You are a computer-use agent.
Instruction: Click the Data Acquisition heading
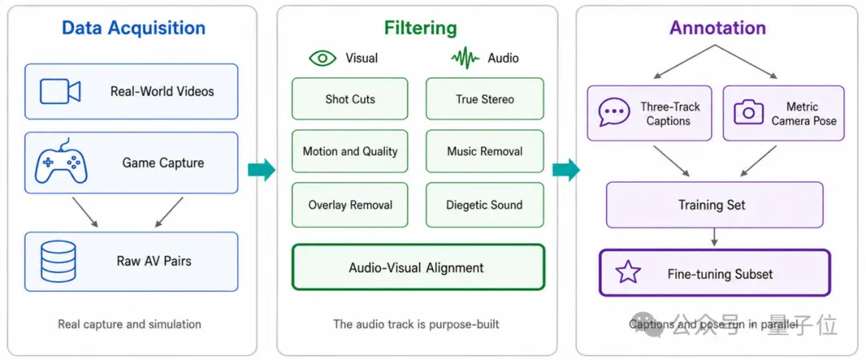133,27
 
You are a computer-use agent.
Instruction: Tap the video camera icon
60,91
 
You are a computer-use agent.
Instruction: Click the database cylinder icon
58,261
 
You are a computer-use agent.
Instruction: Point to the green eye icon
322,58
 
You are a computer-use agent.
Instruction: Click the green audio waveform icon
465,58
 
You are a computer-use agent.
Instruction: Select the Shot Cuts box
350,99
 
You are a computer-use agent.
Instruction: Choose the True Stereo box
484,99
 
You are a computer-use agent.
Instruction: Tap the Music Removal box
484,152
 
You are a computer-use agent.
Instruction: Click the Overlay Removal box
350,204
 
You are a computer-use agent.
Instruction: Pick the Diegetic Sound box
484,204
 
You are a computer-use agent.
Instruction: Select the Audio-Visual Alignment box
418,267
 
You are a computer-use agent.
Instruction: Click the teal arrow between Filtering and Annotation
566,169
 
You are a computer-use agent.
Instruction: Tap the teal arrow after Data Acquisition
261,169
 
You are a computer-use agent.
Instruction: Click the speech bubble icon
614,112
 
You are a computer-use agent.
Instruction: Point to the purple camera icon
748,112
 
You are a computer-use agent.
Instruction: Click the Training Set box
714,204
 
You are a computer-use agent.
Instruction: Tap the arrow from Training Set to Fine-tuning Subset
714,237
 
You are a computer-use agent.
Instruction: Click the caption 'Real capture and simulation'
129,324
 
